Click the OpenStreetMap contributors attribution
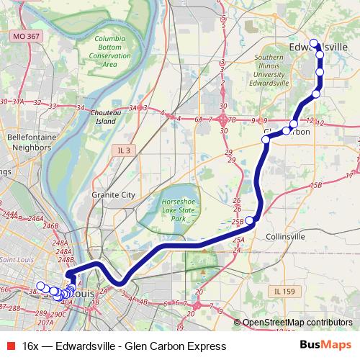click(298, 323)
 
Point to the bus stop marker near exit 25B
click(250, 220)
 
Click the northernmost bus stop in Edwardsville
click(314, 42)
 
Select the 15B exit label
click(315, 185)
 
